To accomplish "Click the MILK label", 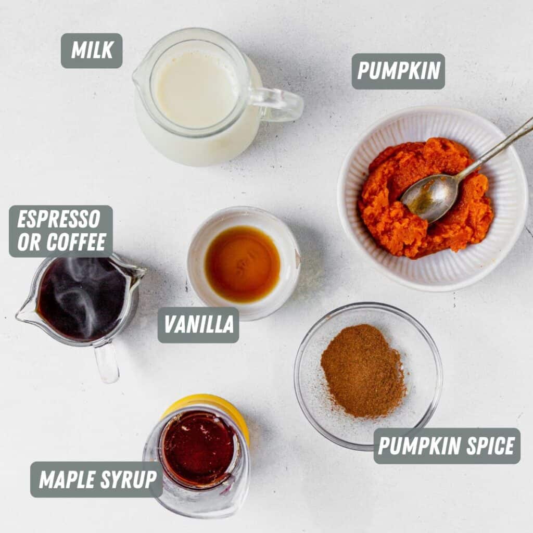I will [x=92, y=50].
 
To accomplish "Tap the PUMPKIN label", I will [x=398, y=71].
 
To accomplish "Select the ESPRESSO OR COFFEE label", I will [x=61, y=231].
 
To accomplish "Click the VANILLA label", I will [x=198, y=325].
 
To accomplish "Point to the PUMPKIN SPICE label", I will [x=447, y=446].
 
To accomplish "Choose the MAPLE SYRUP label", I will [x=96, y=479].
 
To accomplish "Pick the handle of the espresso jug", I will [x=107, y=361].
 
